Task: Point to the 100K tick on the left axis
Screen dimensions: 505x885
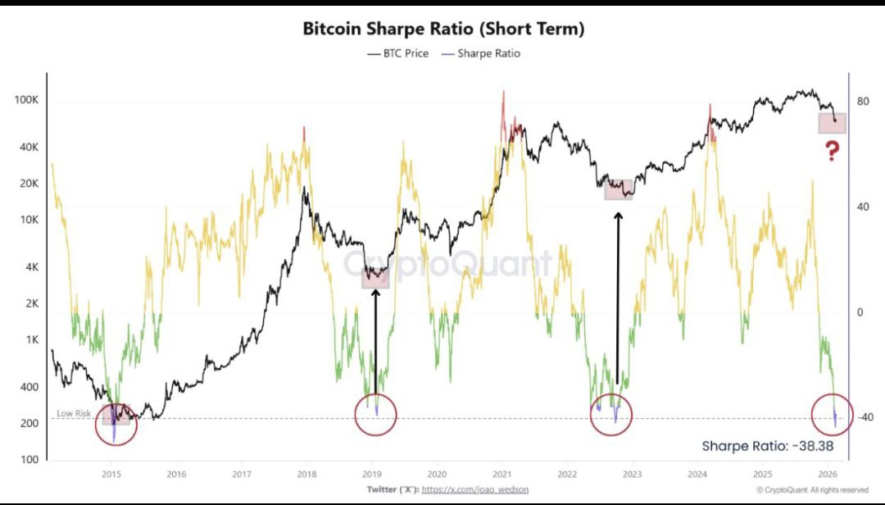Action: (x=27, y=100)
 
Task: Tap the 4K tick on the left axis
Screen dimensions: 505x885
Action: (x=33, y=267)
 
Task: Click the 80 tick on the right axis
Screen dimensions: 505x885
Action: (x=862, y=102)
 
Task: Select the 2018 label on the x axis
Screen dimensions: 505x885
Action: (x=306, y=474)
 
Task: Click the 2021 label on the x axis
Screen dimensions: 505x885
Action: (x=501, y=474)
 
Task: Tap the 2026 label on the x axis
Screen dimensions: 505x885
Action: (x=827, y=474)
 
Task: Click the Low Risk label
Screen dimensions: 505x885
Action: (x=73, y=413)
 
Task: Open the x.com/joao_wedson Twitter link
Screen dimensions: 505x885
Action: (x=474, y=489)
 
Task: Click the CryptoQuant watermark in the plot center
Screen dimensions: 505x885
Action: (x=447, y=264)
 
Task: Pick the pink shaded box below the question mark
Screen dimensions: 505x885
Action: (x=833, y=123)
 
